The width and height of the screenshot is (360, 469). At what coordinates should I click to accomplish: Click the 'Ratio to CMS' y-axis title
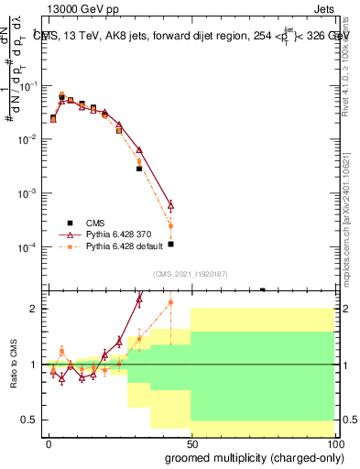point(15,364)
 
